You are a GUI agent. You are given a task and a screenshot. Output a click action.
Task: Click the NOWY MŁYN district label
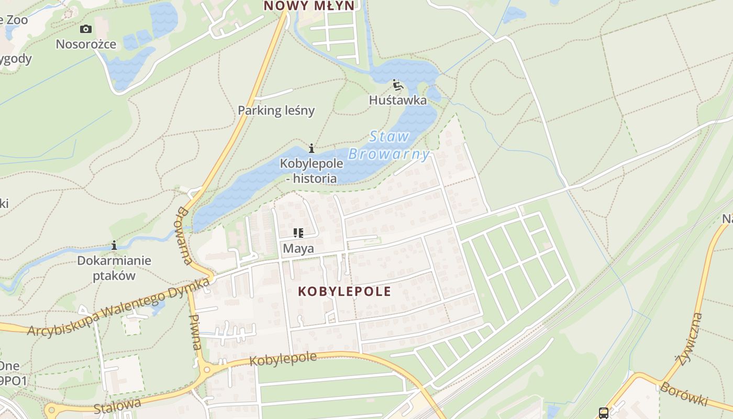tap(309, 6)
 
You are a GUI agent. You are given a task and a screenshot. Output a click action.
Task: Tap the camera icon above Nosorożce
tap(86, 29)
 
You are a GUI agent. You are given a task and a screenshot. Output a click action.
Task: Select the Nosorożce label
tap(86, 44)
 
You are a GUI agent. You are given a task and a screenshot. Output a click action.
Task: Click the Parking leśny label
tap(276, 111)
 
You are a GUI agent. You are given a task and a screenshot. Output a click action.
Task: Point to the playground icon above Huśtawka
tap(397, 84)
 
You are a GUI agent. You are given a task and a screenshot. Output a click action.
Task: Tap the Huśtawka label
tap(398, 100)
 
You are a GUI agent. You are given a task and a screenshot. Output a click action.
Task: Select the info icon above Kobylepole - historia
tap(312, 148)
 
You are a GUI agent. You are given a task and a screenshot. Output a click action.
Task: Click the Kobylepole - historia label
tap(312, 171)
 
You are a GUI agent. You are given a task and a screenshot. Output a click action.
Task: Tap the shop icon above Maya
tap(298, 233)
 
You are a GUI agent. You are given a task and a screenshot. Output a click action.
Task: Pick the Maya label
tap(298, 248)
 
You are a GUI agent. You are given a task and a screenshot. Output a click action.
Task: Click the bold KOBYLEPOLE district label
tap(345, 292)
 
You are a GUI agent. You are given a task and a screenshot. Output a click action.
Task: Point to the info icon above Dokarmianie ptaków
tap(114, 245)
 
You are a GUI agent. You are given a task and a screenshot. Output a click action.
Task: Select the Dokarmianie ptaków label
tap(114, 268)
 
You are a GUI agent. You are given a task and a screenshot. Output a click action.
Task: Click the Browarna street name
tap(183, 236)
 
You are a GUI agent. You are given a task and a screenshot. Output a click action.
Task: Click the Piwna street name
tap(195, 332)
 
